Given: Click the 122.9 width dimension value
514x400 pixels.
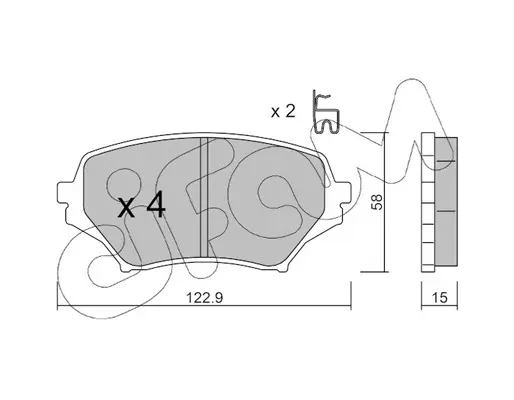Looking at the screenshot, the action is point(204,297).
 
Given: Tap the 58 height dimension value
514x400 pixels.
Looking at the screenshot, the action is point(377,202).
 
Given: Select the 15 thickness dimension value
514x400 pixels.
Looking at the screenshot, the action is point(440,297).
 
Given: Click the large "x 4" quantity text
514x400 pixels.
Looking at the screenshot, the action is point(142,206).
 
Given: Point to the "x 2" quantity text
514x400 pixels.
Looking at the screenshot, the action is point(283,111).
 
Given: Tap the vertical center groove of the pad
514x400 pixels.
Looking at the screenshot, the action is point(203,197).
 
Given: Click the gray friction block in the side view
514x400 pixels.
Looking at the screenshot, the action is point(446,201).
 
